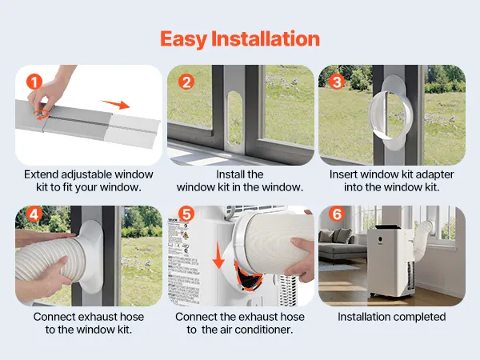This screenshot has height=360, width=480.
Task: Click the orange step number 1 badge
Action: (34, 82)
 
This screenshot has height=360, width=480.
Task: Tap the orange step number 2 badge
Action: (186, 82)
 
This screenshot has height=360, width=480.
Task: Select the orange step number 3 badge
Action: (337, 82)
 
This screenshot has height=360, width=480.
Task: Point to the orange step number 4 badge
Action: (34, 214)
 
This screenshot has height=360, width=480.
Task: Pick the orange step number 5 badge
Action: (186, 214)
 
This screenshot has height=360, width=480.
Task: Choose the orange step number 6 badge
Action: (337, 214)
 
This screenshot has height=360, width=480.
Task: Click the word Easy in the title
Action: (184, 39)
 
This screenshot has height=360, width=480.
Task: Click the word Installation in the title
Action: (266, 38)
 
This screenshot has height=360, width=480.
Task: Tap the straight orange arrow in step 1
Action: (116, 104)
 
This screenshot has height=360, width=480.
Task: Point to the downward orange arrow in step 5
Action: (218, 255)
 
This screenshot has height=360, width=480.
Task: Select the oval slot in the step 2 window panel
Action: (235, 118)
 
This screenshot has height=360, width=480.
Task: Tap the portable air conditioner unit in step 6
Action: (390, 261)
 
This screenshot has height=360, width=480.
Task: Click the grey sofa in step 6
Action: (340, 245)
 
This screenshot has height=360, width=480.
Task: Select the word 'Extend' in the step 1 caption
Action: (42, 174)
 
